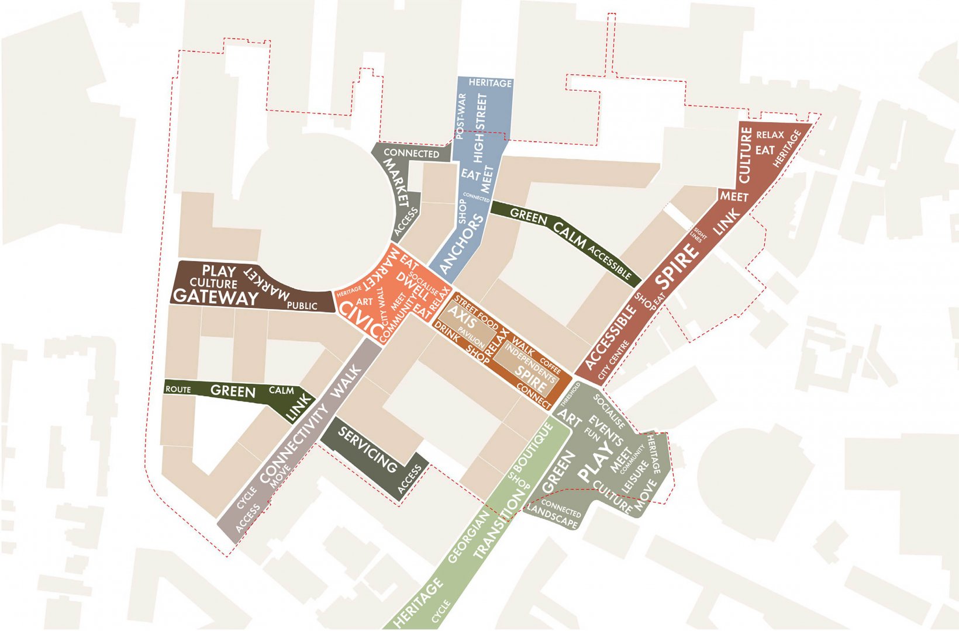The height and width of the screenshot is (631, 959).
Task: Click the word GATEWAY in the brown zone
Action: click(216, 297)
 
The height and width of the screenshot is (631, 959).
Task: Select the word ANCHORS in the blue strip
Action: click(462, 244)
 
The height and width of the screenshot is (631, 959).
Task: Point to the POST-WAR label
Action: click(461, 116)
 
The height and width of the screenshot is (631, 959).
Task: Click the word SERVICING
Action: click(368, 450)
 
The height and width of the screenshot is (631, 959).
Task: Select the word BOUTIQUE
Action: click(533, 449)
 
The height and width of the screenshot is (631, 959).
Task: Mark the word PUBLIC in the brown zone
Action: click(302, 306)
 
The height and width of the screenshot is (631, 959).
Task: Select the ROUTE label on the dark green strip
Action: click(178, 389)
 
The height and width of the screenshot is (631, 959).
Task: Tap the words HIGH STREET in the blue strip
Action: click(480, 129)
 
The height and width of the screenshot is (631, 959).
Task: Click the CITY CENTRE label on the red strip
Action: click(614, 357)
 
